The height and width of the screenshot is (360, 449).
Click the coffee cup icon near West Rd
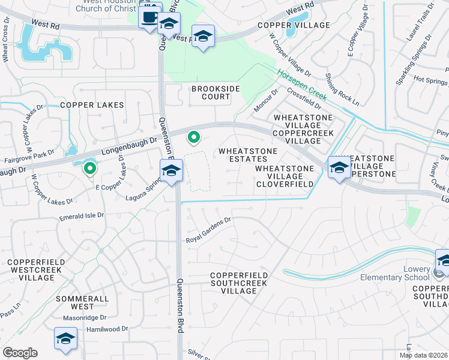[149, 16]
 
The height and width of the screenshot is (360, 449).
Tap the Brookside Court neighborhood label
[211, 92]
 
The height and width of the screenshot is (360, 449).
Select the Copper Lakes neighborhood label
[92, 105]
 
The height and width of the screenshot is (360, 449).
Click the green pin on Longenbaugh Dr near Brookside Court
[193, 138]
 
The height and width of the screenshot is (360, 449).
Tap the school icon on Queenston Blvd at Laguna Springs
[171, 171]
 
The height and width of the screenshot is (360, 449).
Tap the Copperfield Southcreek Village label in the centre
[239, 283]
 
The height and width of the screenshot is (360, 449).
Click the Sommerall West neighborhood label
[82, 302]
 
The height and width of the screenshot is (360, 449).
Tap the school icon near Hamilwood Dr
[65, 338]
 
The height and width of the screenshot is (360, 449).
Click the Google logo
[20, 353]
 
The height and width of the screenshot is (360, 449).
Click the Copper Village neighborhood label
[294, 25]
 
